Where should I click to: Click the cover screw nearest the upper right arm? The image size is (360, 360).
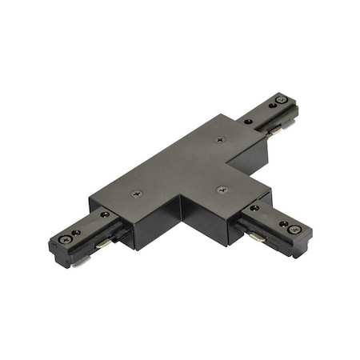pyautogui.click(x=221, y=138)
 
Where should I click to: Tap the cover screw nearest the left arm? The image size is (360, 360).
pyautogui.click(x=138, y=193)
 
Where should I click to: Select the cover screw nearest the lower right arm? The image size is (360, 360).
pyautogui.click(x=222, y=190)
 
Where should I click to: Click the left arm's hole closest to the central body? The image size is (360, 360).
pyautogui.click(x=105, y=214)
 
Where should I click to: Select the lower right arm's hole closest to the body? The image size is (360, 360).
pyautogui.click(x=254, y=209)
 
